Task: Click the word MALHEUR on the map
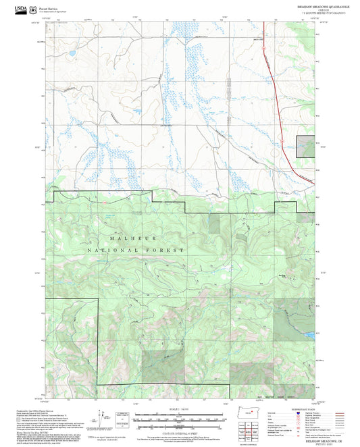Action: click(x=125, y=239)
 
